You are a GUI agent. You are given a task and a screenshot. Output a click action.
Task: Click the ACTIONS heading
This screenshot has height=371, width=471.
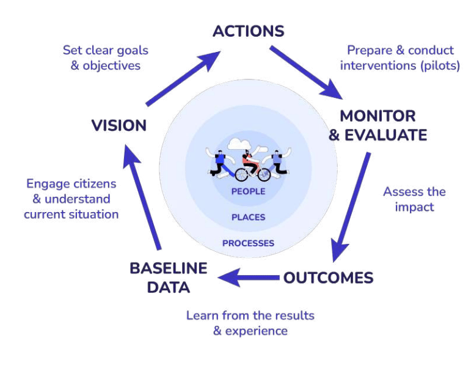(x=248, y=31)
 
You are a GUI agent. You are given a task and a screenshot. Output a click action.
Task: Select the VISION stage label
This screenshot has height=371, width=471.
(x=119, y=126)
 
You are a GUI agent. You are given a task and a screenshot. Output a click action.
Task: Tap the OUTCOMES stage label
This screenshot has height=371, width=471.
(x=328, y=278)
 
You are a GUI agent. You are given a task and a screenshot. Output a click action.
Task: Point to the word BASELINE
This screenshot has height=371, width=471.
(x=169, y=268)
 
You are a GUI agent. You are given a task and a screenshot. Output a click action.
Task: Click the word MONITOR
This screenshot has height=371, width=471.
(x=378, y=116)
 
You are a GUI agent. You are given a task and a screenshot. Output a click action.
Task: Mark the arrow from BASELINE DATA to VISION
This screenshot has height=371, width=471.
(x=143, y=196)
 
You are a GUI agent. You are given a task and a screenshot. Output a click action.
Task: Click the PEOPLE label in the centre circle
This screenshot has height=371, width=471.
(x=248, y=191)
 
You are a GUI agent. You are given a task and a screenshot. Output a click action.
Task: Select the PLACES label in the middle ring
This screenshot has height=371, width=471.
(x=248, y=217)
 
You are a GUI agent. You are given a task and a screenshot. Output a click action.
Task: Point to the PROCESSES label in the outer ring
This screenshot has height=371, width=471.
(x=248, y=243)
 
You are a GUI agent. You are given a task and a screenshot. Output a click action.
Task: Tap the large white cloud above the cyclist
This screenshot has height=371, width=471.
(x=237, y=144)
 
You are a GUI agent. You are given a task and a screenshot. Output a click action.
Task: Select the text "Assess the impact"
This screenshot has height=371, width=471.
(x=414, y=199)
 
